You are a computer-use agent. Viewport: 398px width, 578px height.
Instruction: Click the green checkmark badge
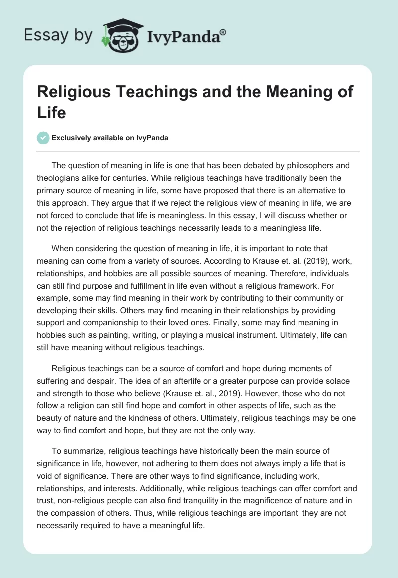(x=43, y=138)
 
